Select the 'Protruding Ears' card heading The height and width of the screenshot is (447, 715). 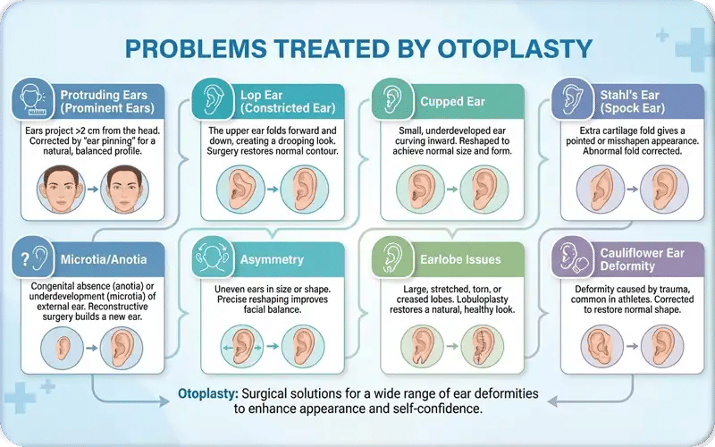pos(105,101)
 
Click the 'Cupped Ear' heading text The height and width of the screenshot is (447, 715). pos(452,101)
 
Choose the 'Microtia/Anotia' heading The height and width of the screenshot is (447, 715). pos(105,260)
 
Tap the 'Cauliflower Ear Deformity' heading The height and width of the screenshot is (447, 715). pos(641,260)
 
